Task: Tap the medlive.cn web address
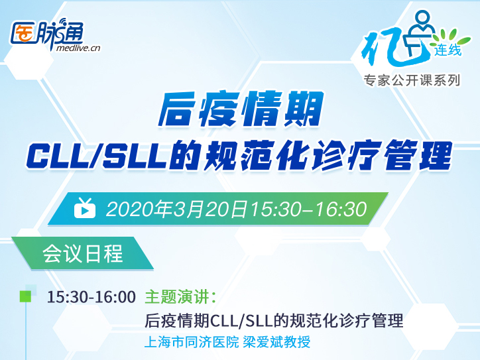pyautogui.click(x=79, y=48)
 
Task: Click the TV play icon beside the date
pyautogui.click(x=85, y=208)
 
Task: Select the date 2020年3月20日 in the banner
pyautogui.click(x=176, y=209)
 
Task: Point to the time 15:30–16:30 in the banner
pyautogui.click(x=309, y=209)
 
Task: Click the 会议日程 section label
pyautogui.click(x=83, y=254)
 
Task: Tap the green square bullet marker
pyautogui.click(x=25, y=296)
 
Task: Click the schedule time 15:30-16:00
pyautogui.click(x=91, y=297)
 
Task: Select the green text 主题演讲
pyautogui.click(x=177, y=297)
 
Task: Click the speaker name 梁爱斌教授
pyautogui.click(x=276, y=342)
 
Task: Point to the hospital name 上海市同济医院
pyautogui.click(x=192, y=342)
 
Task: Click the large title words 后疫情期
pyautogui.click(x=241, y=109)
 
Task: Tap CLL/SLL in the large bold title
pyautogui.click(x=96, y=156)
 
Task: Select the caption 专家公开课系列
pyautogui.click(x=412, y=80)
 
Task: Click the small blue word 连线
pyautogui.click(x=448, y=50)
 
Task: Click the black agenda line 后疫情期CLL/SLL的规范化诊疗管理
pyautogui.click(x=274, y=321)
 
